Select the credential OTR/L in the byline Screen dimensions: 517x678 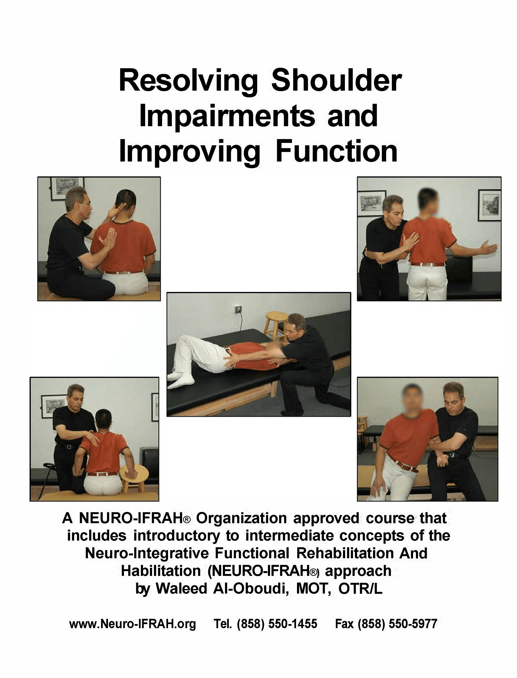pos(360,589)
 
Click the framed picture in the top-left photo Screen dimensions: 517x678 pos(67,188)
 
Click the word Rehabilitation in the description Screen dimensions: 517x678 pos(345,553)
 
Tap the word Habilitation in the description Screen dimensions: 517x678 pos(161,570)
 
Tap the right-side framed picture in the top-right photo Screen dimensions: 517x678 pos(489,205)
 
